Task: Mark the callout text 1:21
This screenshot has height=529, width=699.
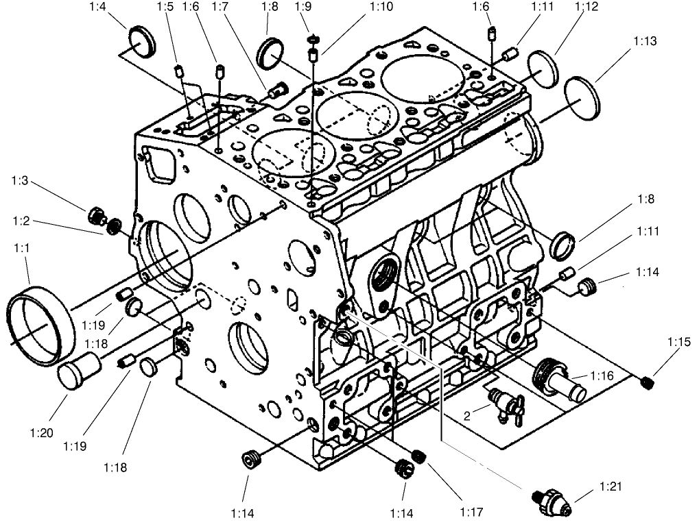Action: (610, 487)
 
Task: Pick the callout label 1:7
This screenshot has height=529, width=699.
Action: (220, 8)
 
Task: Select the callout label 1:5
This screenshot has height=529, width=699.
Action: (165, 8)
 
